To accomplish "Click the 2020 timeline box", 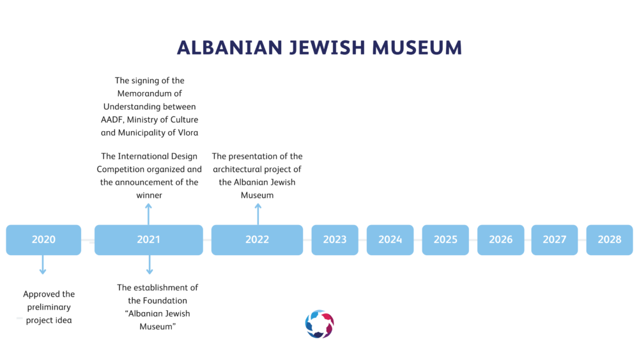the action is coord(43,240).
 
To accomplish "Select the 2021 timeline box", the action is coord(149,240).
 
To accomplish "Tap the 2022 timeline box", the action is coord(257,240).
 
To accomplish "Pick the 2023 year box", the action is coord(335,240).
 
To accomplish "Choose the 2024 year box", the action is coord(390,240).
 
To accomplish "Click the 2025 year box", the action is coord(445,240).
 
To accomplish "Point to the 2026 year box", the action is coord(501,240).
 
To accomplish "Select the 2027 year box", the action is coord(555,240).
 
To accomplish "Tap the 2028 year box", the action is coord(610,240).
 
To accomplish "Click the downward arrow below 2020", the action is coord(43,265).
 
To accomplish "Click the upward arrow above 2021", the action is coord(149,214).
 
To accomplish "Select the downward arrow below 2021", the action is coord(150,265).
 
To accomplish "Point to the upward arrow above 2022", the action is coord(258,214).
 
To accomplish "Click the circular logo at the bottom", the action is coord(319,324).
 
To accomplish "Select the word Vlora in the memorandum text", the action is coord(188,132).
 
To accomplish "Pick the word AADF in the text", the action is coord(112,120).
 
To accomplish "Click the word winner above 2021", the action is coord(149,195).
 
